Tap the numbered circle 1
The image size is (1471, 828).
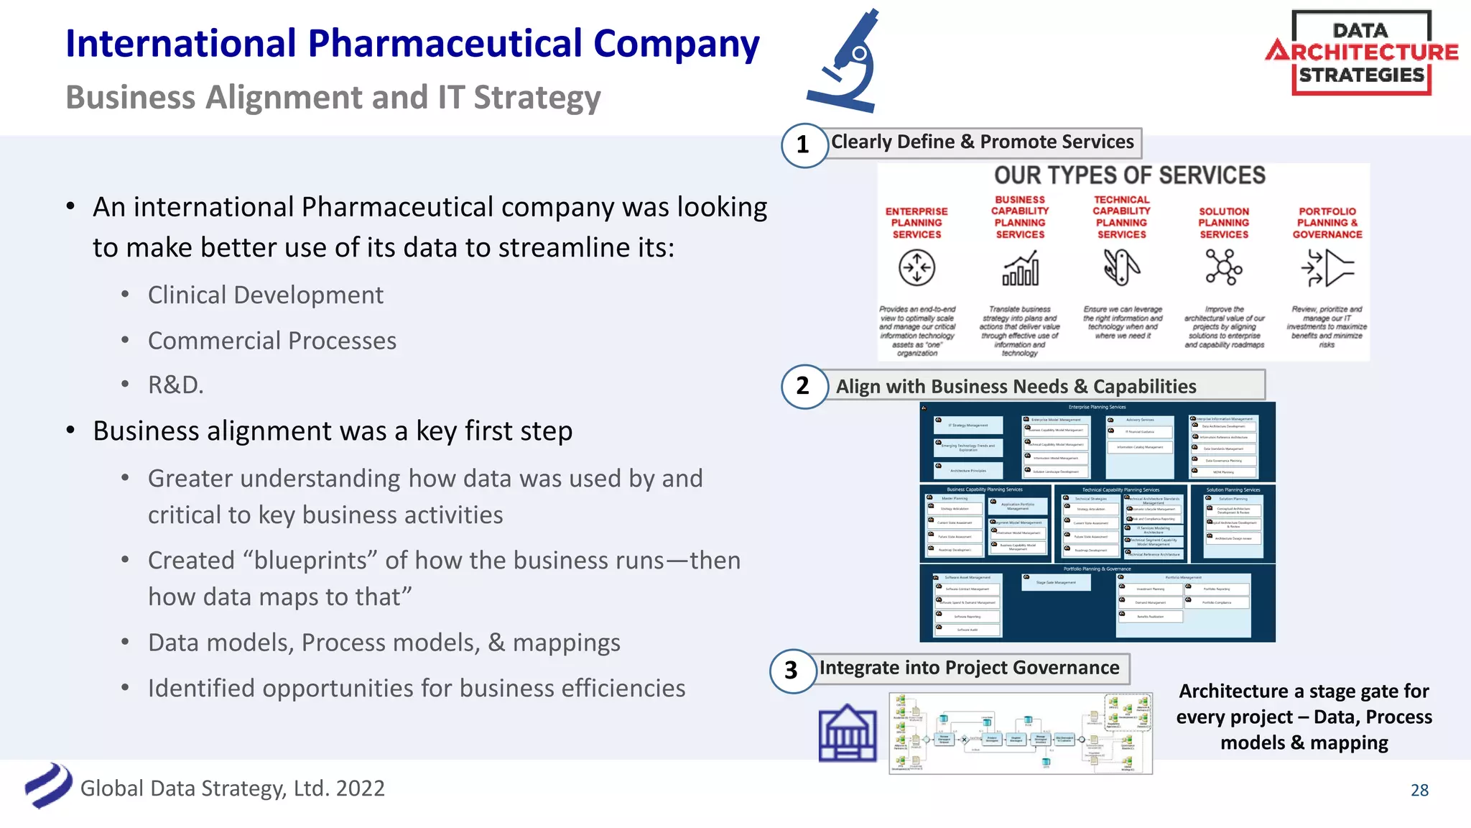point(803,145)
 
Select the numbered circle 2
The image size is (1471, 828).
point(803,387)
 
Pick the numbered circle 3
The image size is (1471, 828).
point(792,671)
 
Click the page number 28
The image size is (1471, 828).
point(1419,790)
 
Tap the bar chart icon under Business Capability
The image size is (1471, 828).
point(1021,269)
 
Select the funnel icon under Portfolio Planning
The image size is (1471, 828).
point(1327,269)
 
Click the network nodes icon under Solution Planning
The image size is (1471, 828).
point(1224,268)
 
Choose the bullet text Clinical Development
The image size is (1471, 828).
point(265,295)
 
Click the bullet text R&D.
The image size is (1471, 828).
point(176,385)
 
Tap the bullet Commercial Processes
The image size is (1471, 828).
point(272,341)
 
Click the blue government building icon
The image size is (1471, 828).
point(848,732)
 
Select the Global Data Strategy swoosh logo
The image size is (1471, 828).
point(48,786)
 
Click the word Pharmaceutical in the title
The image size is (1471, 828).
point(445,44)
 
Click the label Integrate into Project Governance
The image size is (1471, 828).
point(969,668)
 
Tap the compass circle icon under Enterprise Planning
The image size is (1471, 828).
point(917,269)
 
